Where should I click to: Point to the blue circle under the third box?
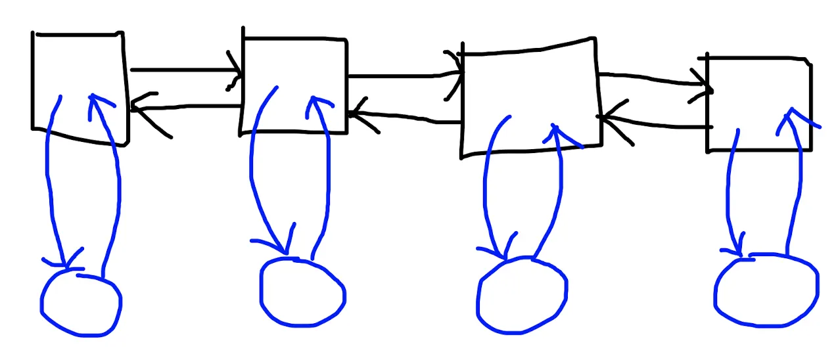click(x=521, y=296)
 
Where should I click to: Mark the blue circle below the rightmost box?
click(x=766, y=290)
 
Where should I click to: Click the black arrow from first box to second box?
click(x=184, y=70)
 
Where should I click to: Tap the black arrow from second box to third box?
click(x=401, y=76)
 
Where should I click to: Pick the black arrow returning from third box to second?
click(x=407, y=118)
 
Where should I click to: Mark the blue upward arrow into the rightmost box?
click(x=799, y=184)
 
